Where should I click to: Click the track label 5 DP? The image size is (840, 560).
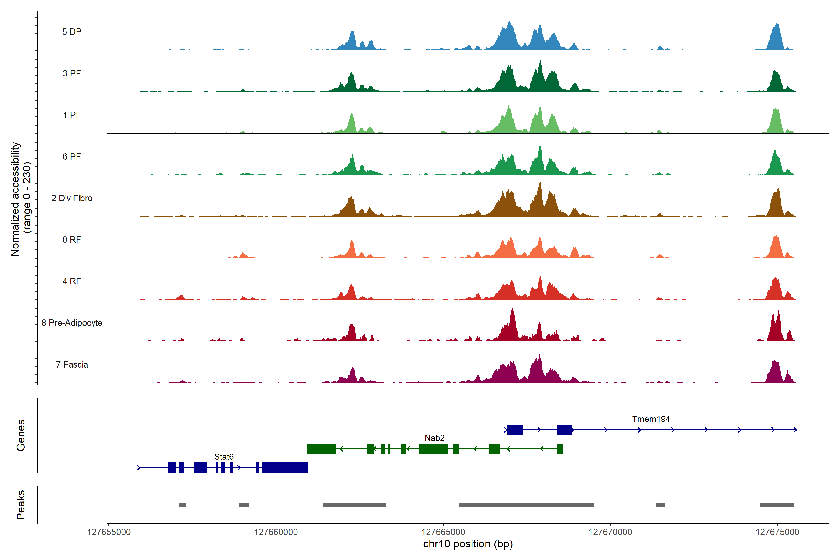72,32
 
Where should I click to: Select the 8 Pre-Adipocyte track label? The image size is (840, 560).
72,323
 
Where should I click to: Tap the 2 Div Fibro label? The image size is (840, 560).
72,198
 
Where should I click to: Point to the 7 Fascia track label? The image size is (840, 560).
72,365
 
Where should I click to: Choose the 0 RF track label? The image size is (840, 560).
72,240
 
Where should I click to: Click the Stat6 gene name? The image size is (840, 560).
224,457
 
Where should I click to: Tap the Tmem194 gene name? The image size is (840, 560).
651,419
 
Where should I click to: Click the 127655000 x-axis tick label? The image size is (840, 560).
109,532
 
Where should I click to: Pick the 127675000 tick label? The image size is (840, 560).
777,532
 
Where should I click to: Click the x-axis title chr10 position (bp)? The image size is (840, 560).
468,544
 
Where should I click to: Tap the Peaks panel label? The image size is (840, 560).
21,505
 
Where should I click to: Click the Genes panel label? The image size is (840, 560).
21,435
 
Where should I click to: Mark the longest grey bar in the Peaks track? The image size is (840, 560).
526,505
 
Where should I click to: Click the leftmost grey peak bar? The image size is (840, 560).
182,505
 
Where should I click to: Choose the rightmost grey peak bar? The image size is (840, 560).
777,505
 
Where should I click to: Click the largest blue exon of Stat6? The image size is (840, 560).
285,468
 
